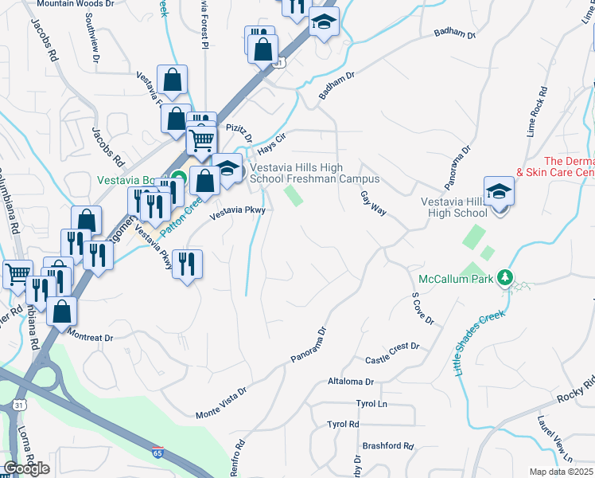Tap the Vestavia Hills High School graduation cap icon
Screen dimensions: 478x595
pos(499,192)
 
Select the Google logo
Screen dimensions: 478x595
pos(27,469)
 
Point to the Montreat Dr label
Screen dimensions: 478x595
pos(91,337)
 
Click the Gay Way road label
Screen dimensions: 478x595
pos(372,203)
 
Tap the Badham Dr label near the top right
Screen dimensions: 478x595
pos(454,34)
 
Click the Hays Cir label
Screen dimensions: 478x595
pos(271,143)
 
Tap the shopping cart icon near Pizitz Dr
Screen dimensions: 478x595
pos(202,141)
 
